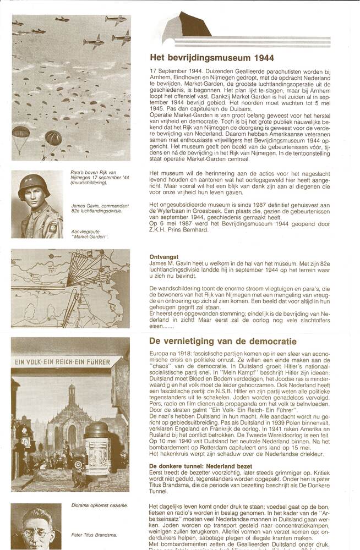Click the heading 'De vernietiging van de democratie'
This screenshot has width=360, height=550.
tap(223, 341)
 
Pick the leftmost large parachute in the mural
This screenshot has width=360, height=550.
tap(20, 134)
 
